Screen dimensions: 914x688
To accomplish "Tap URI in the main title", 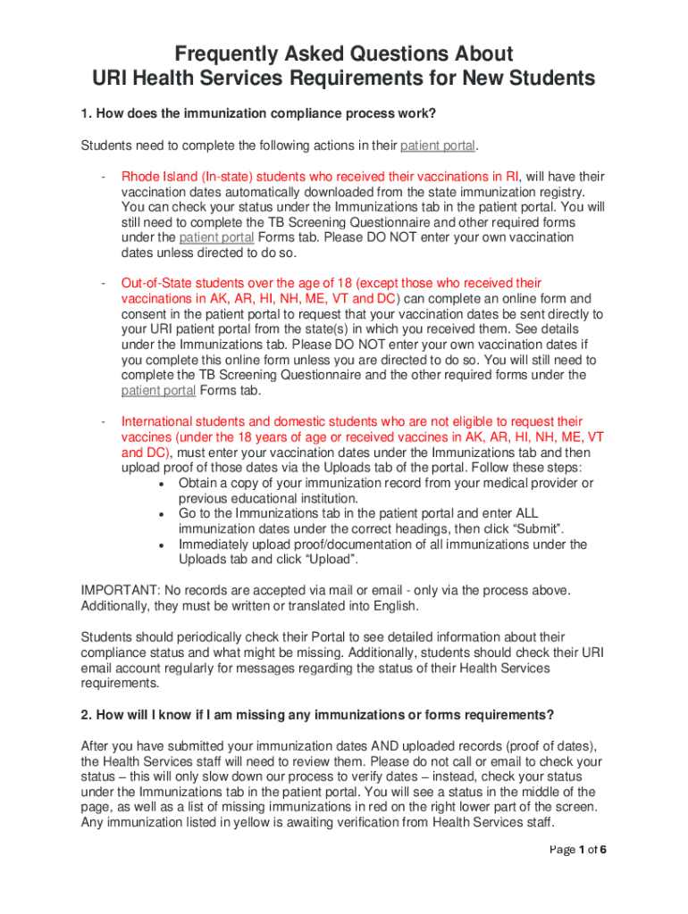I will pos(113,79).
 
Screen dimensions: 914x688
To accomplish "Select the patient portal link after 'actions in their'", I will pos(439,145).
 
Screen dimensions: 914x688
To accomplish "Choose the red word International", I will pos(158,421).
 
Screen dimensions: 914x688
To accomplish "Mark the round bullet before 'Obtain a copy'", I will pos(159,484).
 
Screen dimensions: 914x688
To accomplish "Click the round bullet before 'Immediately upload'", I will pos(159,544).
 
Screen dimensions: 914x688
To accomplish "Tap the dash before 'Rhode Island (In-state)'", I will pos(104,177).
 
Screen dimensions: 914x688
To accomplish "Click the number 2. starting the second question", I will pos(87,715).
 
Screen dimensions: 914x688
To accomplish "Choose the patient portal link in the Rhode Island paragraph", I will pos(217,237).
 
